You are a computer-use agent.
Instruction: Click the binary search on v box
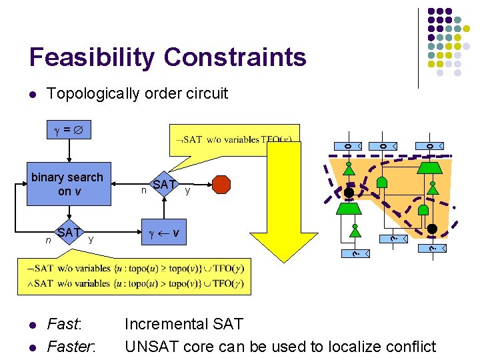coord(67,184)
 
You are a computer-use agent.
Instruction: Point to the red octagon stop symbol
coord(221,184)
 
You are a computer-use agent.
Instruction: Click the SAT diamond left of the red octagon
coord(164,184)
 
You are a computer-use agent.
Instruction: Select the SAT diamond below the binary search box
coord(68,233)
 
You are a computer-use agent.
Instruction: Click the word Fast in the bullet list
coord(63,325)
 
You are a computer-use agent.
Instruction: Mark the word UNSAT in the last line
coord(147,347)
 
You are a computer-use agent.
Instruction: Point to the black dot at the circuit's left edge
coord(349,193)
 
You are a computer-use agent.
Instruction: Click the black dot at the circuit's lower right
coord(432,229)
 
